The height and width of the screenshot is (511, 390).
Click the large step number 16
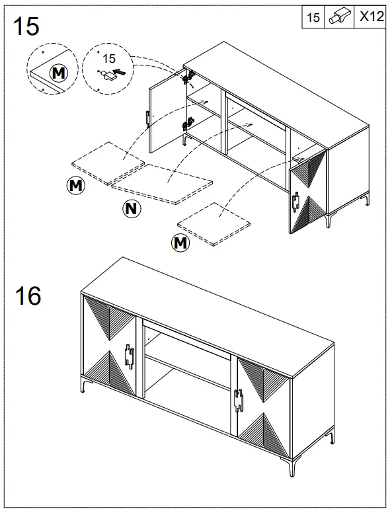27,295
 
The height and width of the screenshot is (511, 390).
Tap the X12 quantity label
371,18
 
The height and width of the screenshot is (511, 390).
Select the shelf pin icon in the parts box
340,18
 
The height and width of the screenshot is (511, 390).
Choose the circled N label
132,210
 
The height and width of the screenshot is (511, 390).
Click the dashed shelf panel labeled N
163,182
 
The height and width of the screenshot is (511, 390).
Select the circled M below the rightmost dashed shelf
180,243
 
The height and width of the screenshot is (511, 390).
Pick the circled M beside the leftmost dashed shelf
77,186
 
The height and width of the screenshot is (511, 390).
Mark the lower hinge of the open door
188,123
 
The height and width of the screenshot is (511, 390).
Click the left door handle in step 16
130,356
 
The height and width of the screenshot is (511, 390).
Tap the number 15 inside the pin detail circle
110,59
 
